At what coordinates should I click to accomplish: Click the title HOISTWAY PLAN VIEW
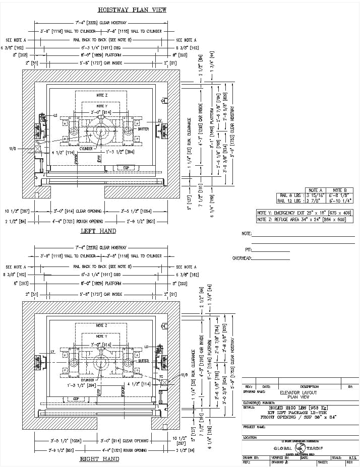pos(132,10)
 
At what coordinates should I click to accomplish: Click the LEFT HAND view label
pos(98,231)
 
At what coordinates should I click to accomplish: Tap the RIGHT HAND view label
pos(99,459)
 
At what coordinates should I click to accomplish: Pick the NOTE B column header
pos(340,190)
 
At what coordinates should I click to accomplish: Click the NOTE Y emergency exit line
pos(305,213)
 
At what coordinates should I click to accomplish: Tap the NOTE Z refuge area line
pos(305,219)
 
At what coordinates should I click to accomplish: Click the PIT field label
pos(248,249)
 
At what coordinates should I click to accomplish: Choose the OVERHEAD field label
pos(242,258)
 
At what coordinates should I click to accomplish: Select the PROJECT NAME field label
pos(254,427)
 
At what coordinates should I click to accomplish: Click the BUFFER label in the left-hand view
pos(143,129)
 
